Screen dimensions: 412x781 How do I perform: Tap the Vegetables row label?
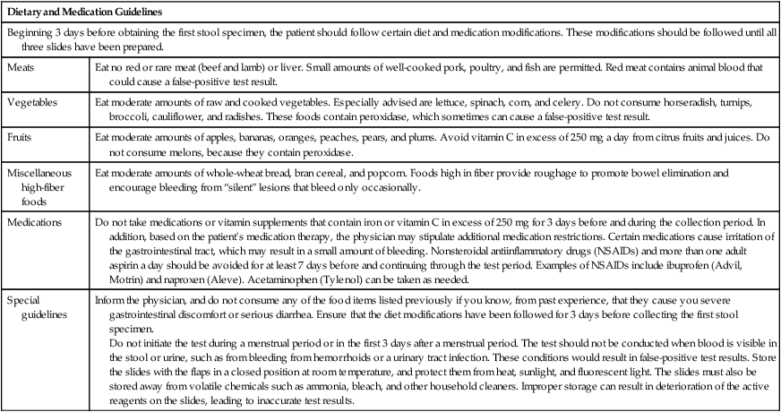34,102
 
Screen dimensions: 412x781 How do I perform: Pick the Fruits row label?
22,137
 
